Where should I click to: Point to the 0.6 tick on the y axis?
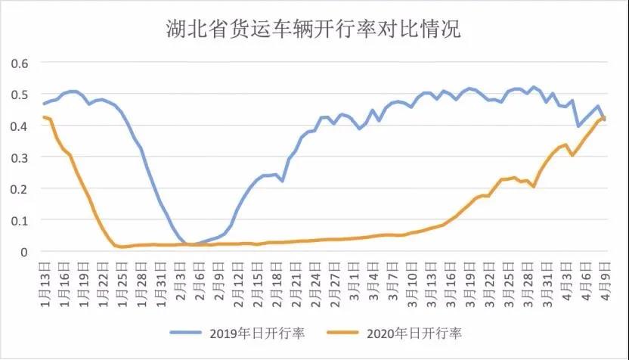19,63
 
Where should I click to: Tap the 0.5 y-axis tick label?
19,95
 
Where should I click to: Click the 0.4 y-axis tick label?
19,126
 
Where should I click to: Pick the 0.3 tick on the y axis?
19,157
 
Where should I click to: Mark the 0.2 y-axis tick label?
19,188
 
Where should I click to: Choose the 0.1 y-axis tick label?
19,220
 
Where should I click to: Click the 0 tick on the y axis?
24,252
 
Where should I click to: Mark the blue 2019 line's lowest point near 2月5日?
191,244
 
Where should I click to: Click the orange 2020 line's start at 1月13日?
44,117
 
